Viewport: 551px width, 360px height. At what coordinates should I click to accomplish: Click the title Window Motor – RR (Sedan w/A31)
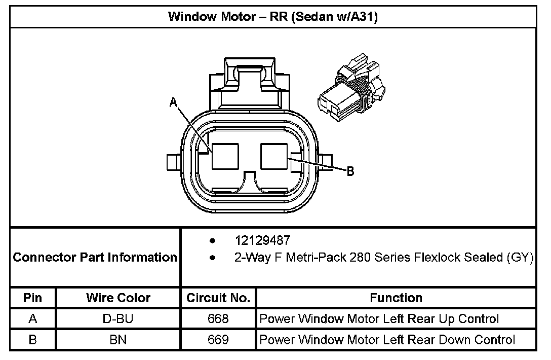tap(273, 17)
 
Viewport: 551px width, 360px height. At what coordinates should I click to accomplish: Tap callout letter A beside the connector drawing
tap(173, 102)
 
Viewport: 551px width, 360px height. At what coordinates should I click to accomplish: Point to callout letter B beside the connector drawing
tap(350, 171)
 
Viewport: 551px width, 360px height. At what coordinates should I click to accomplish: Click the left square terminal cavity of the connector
tap(225, 156)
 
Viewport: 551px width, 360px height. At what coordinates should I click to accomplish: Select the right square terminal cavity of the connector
tap(274, 156)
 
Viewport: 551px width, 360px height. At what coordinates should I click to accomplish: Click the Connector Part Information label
tap(95, 257)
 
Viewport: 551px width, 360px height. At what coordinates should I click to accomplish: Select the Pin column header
tap(33, 298)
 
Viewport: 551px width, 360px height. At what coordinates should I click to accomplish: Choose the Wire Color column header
tap(118, 298)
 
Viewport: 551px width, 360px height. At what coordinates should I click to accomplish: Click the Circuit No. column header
tap(218, 298)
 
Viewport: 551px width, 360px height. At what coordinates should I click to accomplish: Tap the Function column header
tap(396, 298)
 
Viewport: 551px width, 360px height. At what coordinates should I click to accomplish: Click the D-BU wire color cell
tap(118, 319)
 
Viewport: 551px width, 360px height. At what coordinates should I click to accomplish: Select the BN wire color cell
tap(118, 340)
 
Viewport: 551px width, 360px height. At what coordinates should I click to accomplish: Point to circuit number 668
tap(218, 319)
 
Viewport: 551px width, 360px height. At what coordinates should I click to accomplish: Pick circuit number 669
tap(218, 340)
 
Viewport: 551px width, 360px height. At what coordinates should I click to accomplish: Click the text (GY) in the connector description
tap(520, 258)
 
